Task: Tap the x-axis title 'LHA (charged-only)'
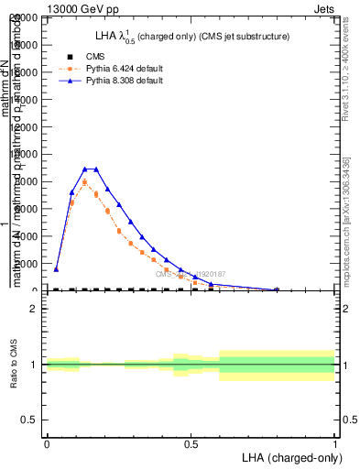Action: tap(290, 456)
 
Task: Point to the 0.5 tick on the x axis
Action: tap(191, 444)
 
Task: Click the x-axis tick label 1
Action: tap(335, 444)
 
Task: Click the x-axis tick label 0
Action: tap(47, 444)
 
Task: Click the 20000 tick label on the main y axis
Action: tap(24, 18)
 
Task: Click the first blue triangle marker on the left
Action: tap(56, 269)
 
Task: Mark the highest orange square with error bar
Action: tap(84, 182)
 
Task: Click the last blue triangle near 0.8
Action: tap(277, 289)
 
